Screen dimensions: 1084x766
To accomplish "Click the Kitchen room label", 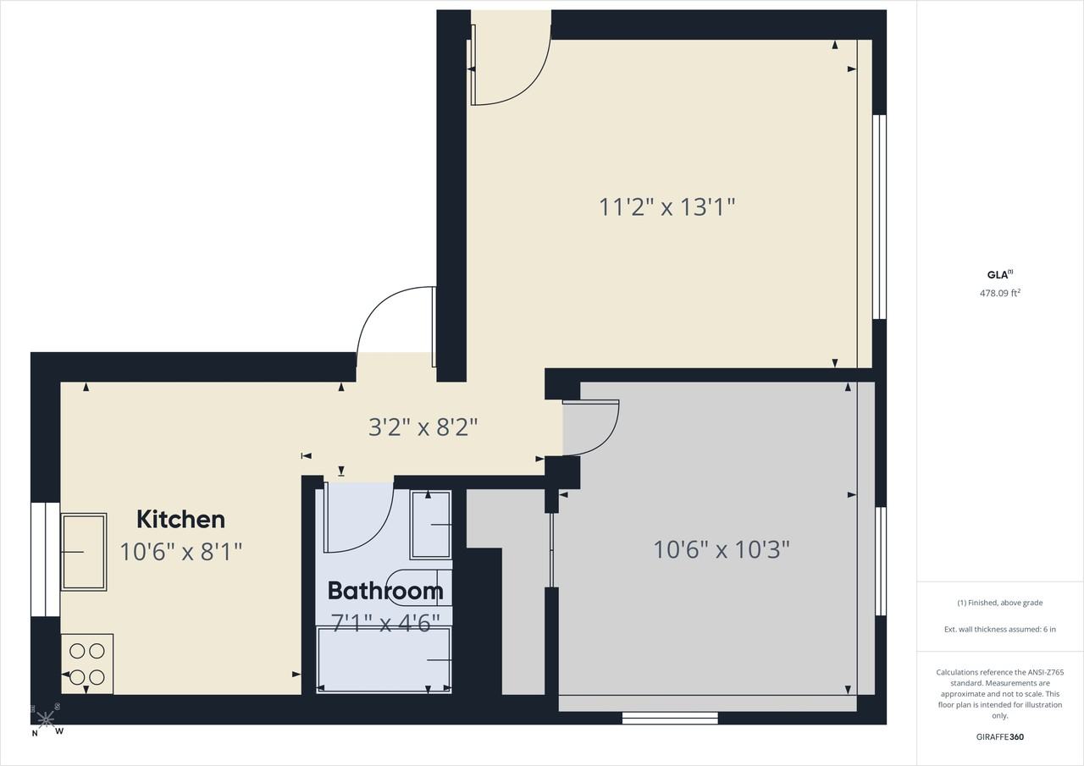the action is [x=181, y=520].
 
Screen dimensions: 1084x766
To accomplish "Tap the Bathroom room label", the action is [x=385, y=591].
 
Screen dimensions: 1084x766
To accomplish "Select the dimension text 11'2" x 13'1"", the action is [x=666, y=207].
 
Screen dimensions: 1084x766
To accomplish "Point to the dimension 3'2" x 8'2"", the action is [x=423, y=427].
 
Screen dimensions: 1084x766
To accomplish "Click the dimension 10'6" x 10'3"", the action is [x=722, y=550].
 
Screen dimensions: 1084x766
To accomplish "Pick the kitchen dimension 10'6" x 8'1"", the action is [x=180, y=552].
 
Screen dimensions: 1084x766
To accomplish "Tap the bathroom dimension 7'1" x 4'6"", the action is [x=385, y=623].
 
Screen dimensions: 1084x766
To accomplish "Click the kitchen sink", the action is [x=84, y=552].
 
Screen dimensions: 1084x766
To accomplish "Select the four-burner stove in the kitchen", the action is [x=87, y=664].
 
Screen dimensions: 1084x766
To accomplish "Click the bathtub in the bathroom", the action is [x=384, y=660].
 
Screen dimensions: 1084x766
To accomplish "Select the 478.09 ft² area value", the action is [x=1000, y=293].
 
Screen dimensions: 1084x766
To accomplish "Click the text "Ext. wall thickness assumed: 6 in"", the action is [x=1000, y=629].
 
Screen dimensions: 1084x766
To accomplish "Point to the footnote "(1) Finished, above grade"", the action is [x=1000, y=603].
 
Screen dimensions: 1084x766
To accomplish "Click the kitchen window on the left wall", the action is [x=46, y=559].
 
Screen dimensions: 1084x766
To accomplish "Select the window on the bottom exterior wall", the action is [x=670, y=718].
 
